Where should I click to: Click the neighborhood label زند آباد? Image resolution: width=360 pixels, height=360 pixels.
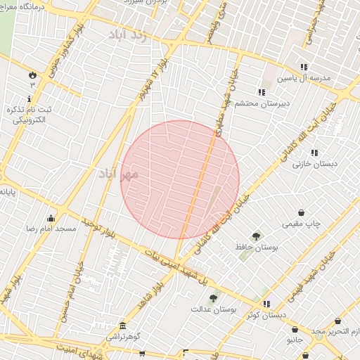(133, 35)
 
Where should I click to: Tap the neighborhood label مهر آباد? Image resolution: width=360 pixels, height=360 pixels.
(117, 172)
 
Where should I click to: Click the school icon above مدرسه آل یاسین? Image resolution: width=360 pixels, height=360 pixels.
(304, 67)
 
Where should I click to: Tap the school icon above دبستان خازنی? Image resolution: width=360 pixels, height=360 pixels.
(314, 152)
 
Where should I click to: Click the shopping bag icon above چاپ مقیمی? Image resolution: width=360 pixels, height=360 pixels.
(302, 212)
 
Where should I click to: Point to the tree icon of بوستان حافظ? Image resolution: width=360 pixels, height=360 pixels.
(256, 237)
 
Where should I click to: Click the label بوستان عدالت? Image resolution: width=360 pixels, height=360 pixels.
(214, 309)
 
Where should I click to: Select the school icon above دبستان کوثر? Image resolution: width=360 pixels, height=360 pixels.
(266, 303)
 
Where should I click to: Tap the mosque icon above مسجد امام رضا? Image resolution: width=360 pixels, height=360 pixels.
(51, 218)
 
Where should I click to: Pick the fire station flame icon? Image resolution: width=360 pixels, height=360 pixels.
(32, 75)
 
